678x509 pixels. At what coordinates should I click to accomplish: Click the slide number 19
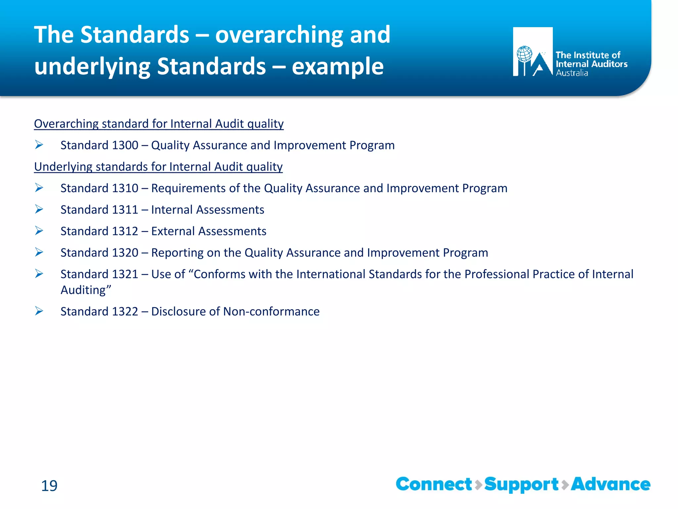(x=49, y=486)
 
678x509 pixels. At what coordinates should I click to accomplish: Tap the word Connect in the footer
(x=434, y=484)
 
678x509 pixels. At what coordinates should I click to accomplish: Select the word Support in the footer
(x=521, y=485)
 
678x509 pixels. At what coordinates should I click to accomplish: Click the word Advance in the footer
(x=610, y=484)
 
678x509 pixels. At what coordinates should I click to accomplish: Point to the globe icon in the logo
(x=524, y=54)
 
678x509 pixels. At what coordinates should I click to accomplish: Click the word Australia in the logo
(x=572, y=73)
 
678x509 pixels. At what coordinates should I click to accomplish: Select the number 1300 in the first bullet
(x=125, y=145)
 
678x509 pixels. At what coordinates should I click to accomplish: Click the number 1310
(x=125, y=188)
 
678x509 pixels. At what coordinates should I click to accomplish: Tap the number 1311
(x=125, y=210)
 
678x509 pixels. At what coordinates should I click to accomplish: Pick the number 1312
(x=125, y=231)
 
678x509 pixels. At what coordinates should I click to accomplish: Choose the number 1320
(x=125, y=253)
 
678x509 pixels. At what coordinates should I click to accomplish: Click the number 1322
(x=125, y=311)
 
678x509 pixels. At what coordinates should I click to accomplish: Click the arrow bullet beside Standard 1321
(x=39, y=274)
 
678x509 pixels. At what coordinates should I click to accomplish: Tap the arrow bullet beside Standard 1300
(x=39, y=145)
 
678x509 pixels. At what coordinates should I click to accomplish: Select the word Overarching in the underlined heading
(x=66, y=124)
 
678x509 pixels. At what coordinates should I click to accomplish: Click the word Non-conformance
(x=271, y=311)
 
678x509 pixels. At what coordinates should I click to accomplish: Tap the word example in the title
(x=337, y=67)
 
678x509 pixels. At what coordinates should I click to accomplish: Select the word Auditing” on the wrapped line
(x=86, y=290)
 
